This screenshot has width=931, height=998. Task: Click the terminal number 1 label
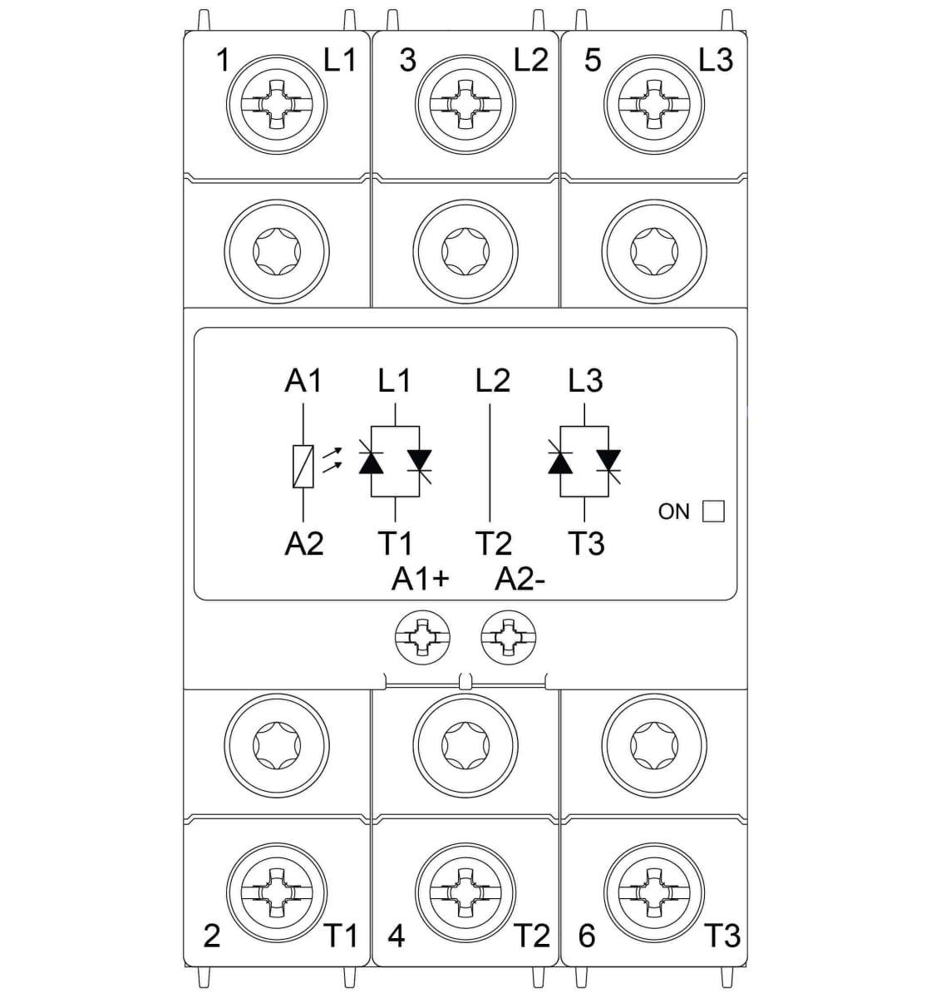click(223, 61)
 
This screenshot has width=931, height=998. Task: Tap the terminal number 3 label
click(408, 61)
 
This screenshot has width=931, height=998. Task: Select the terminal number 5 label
click(593, 61)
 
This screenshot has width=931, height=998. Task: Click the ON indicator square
click(713, 511)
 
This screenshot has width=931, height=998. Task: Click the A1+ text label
click(420, 580)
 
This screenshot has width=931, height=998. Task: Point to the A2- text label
click(520, 580)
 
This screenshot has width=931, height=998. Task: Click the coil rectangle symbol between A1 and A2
click(303, 467)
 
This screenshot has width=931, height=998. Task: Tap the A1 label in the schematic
click(303, 381)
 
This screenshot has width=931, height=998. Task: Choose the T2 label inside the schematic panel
click(494, 544)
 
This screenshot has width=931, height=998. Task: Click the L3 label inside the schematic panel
click(585, 381)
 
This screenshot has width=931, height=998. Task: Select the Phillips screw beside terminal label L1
click(277, 105)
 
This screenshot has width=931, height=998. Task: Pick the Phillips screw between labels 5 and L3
click(654, 105)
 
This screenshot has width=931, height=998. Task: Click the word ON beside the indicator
click(674, 512)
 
